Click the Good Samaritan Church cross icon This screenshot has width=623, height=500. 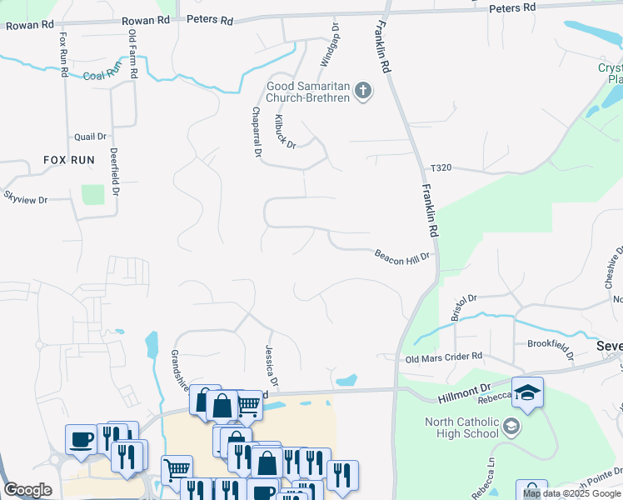(363, 91)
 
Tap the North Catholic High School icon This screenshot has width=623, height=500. (511, 427)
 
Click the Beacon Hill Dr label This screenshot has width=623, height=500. (401, 254)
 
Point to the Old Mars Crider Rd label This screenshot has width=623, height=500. (444, 358)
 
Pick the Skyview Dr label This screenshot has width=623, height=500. (26, 198)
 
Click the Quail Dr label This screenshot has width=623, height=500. (91, 137)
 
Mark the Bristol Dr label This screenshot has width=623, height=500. (463, 306)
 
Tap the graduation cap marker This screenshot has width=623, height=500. (527, 392)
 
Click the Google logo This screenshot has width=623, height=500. (27, 490)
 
